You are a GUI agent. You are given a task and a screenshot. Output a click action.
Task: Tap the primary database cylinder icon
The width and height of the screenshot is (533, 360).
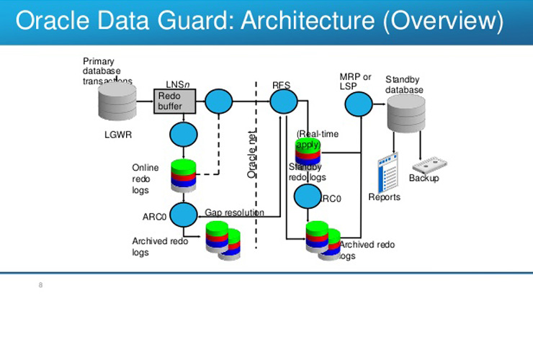(117, 102)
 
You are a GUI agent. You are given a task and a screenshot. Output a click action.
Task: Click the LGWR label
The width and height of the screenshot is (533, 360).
(118, 135)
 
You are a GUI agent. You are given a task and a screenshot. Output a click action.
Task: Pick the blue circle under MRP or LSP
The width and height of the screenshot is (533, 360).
(358, 105)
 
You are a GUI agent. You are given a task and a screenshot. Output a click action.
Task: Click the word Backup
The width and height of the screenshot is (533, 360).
(424, 179)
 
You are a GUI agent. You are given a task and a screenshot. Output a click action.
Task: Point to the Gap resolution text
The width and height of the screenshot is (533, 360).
(234, 213)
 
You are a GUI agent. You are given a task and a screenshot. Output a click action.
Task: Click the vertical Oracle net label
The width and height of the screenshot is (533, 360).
(252, 156)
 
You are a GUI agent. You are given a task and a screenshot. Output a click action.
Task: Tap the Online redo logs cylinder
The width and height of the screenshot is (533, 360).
(184, 175)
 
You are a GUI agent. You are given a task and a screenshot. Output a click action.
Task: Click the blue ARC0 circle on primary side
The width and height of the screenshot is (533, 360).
(184, 214)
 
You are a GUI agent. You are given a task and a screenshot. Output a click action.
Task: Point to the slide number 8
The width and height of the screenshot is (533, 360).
(40, 286)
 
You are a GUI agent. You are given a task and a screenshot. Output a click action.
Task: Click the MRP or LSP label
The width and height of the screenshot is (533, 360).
(355, 81)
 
